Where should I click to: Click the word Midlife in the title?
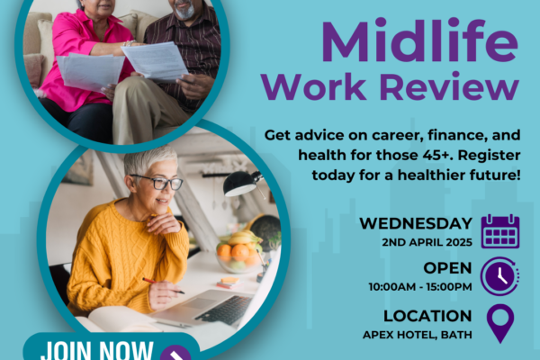point(419,41)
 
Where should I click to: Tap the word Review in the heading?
point(449,86)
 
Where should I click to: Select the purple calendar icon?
point(500,231)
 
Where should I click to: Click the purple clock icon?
point(500,276)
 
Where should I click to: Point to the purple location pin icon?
point(500,323)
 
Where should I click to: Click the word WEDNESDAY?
point(416,223)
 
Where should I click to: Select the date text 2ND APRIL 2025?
point(427,242)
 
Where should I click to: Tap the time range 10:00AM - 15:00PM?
point(420,286)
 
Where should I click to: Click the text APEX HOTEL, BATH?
point(418,335)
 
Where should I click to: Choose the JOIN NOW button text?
point(97,350)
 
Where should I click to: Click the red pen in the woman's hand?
point(163,286)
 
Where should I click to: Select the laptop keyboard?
point(225,309)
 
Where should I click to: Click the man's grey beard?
point(184,11)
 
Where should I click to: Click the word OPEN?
point(447,268)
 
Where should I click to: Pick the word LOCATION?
point(427,316)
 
